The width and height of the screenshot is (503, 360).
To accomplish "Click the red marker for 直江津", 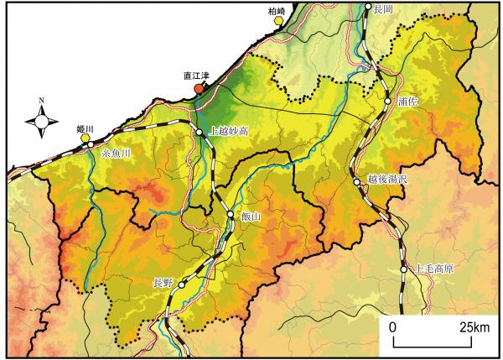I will [x=199, y=88].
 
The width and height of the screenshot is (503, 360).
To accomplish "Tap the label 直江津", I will [x=198, y=76].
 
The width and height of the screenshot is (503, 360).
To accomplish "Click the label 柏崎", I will [x=277, y=10].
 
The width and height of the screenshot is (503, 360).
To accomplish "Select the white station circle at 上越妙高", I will [x=200, y=132].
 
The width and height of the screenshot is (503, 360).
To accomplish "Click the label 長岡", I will [x=384, y=8].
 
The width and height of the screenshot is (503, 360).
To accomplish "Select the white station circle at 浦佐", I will [x=387, y=101].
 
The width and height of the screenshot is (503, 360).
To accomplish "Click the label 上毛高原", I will [x=435, y=269].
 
